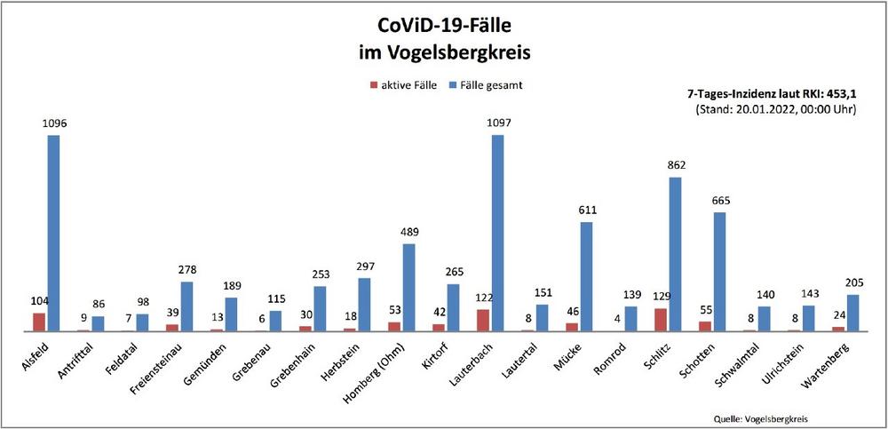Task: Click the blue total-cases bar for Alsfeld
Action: (x=53, y=233)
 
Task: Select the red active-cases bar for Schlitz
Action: (x=659, y=320)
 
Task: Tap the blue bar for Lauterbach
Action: (x=497, y=233)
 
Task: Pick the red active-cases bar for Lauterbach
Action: (x=482, y=320)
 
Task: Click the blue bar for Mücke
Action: (x=586, y=276)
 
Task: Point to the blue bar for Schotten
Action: (x=719, y=271)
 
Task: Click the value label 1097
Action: (x=497, y=123)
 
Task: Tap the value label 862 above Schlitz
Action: (x=676, y=164)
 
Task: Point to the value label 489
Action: (x=408, y=232)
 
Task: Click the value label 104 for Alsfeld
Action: (x=39, y=301)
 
